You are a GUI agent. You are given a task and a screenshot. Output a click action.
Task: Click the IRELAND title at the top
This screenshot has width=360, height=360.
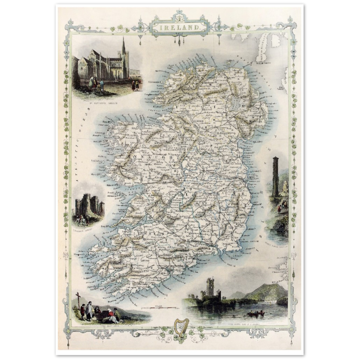point(179,26)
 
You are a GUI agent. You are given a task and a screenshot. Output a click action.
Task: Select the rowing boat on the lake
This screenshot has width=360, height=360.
point(255,313)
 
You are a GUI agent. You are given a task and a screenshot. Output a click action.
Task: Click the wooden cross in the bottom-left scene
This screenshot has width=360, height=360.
point(78,300)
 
